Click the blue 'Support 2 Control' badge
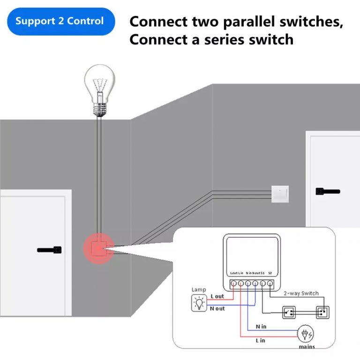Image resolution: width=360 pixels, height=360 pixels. pyautogui.click(x=60, y=22)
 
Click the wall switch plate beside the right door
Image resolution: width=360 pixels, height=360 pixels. pyautogui.click(x=280, y=193)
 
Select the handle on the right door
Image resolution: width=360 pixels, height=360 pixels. pyautogui.click(x=328, y=191)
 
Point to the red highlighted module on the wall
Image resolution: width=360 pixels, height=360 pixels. pyautogui.click(x=98, y=248)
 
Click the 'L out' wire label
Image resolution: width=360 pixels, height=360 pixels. pyautogui.click(x=217, y=297)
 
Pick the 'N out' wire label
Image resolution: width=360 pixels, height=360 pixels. pyautogui.click(x=217, y=308)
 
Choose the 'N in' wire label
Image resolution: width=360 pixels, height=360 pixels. pyautogui.click(x=262, y=326)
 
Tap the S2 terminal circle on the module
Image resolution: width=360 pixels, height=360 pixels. pyautogui.click(x=270, y=283)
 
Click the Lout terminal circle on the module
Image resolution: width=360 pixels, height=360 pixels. pyautogui.click(x=233, y=283)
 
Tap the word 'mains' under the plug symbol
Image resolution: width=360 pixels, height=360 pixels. pyautogui.click(x=307, y=347)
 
